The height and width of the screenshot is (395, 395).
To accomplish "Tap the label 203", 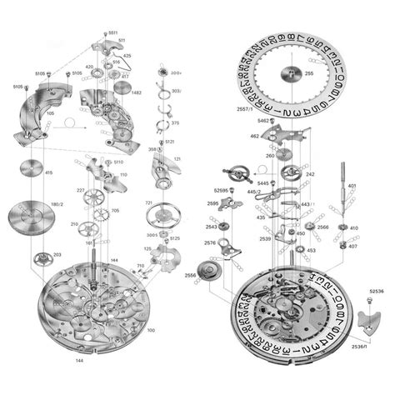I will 57,254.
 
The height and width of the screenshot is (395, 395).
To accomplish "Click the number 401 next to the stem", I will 352,185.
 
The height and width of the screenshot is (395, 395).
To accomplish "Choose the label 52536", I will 376,289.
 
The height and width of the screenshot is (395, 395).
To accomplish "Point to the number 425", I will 127,55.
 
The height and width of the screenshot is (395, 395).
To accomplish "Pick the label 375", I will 175,123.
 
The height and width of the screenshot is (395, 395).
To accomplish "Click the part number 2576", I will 210,243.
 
